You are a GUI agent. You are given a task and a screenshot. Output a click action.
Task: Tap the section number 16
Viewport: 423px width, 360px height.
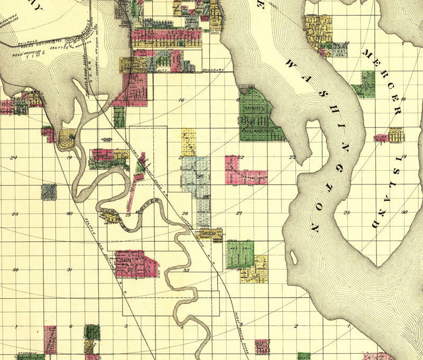pyautogui.click(x=181, y=100)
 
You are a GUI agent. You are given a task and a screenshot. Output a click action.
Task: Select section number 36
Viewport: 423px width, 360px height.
pyautogui.click(x=15, y=270)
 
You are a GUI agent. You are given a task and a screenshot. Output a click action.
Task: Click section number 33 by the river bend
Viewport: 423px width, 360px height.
pyautogui.click(x=186, y=270)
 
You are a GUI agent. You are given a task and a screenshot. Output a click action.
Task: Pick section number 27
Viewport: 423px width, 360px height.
pyautogui.click(x=239, y=214)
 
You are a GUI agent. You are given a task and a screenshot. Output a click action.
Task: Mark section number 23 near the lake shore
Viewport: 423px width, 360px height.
pyautogui.click(x=292, y=157)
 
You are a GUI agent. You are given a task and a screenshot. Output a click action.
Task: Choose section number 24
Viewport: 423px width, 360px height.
pyautogui.click(x=14, y=157)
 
